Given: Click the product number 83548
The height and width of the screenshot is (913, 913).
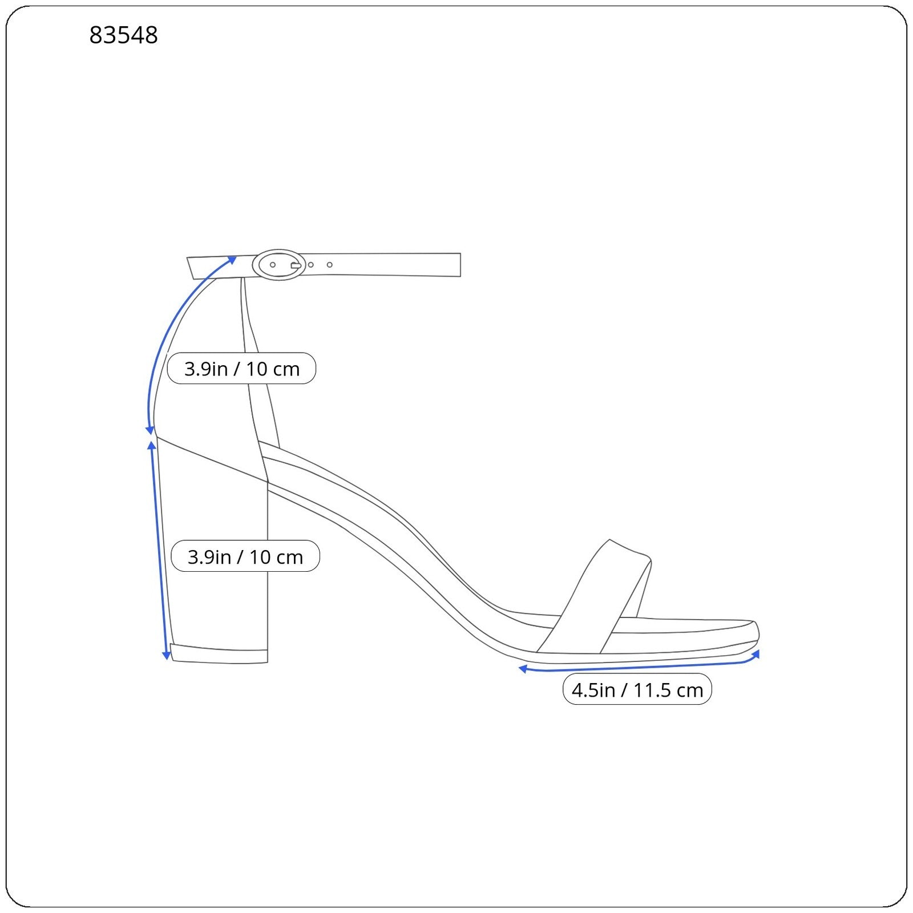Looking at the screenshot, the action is click(123, 35).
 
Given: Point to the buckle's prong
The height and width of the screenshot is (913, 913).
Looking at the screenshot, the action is click(296, 265).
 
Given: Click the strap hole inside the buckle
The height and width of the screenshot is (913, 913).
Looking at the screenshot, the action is click(273, 265).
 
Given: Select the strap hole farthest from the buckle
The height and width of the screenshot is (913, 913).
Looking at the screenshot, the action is click(329, 265).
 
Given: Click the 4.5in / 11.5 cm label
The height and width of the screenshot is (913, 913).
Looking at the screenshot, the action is click(637, 690).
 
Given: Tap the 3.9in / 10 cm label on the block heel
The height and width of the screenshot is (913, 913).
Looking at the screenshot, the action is click(245, 556).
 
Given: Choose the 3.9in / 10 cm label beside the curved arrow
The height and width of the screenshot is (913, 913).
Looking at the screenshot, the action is click(241, 369).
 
